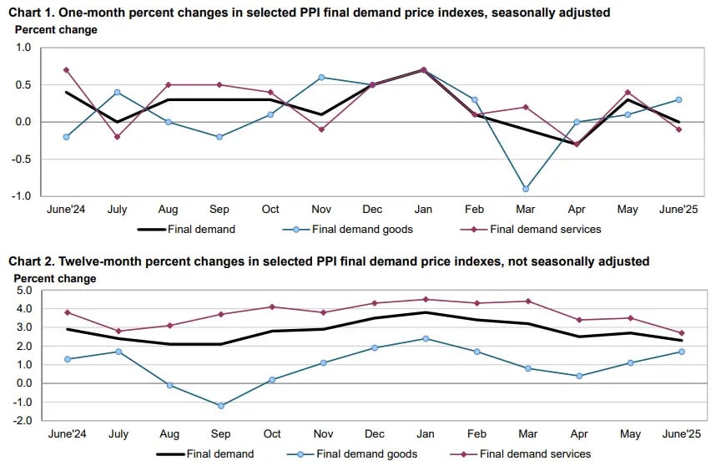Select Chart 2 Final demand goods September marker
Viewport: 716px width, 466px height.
pos(221,406)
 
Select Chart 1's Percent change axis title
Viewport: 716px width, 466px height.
pos(57,30)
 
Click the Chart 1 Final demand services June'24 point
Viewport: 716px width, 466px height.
pos(66,70)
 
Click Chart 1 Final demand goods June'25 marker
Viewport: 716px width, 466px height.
pos(679,99)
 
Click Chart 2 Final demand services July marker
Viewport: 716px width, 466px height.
pos(118,332)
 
